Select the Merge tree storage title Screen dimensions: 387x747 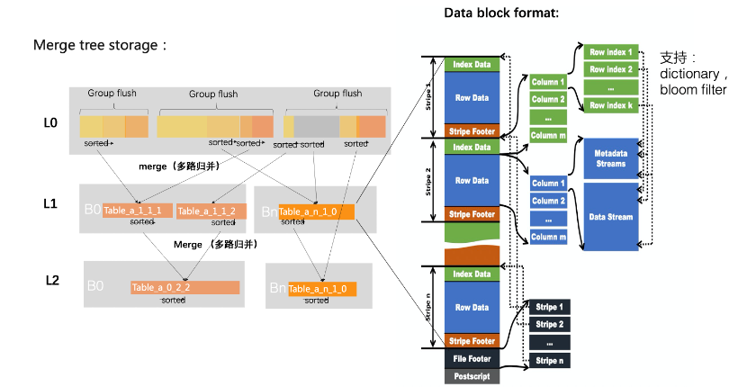pyautogui.click(x=100, y=45)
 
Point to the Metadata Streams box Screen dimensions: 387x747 pyautogui.click(x=611, y=158)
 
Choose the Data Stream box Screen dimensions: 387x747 pyautogui.click(x=611, y=217)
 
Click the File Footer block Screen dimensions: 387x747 pyautogui.click(x=472, y=359)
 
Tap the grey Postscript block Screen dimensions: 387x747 pyautogui.click(x=472, y=376)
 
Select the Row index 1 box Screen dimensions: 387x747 pyautogui.click(x=611, y=52)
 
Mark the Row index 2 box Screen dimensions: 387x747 pyautogui.click(x=611, y=69)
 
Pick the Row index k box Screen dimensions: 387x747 pyautogui.click(x=611, y=105)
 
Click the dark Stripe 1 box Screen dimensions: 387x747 pyautogui.click(x=548, y=307)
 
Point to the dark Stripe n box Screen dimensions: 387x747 pyautogui.click(x=548, y=361)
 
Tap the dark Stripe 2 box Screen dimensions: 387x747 pyautogui.click(x=548, y=324)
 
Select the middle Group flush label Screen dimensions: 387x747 pyautogui.click(x=212, y=94)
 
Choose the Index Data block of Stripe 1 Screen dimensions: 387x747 pyautogui.click(x=472, y=65)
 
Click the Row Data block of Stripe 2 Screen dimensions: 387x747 pyautogui.click(x=472, y=181)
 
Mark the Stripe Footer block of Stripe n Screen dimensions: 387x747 pyautogui.click(x=472, y=341)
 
